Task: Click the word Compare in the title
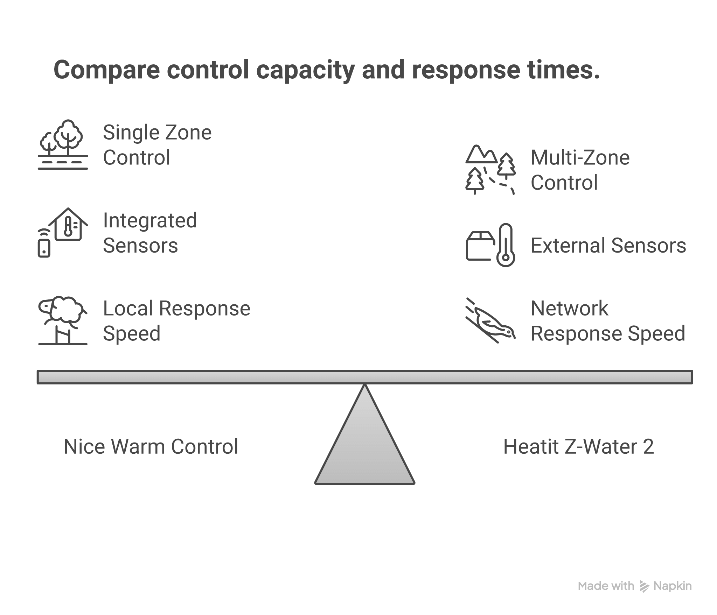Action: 106,70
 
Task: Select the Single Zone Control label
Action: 157,145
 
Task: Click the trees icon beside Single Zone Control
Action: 63,144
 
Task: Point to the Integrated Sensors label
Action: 150,233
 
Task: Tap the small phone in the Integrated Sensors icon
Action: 44,248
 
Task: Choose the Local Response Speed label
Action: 176,320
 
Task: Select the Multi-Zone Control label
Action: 580,170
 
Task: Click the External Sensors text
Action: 608,246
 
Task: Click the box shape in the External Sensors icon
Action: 480,246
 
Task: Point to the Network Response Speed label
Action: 608,320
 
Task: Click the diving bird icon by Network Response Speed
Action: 490,320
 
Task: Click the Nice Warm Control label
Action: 151,447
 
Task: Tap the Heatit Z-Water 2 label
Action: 578,447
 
